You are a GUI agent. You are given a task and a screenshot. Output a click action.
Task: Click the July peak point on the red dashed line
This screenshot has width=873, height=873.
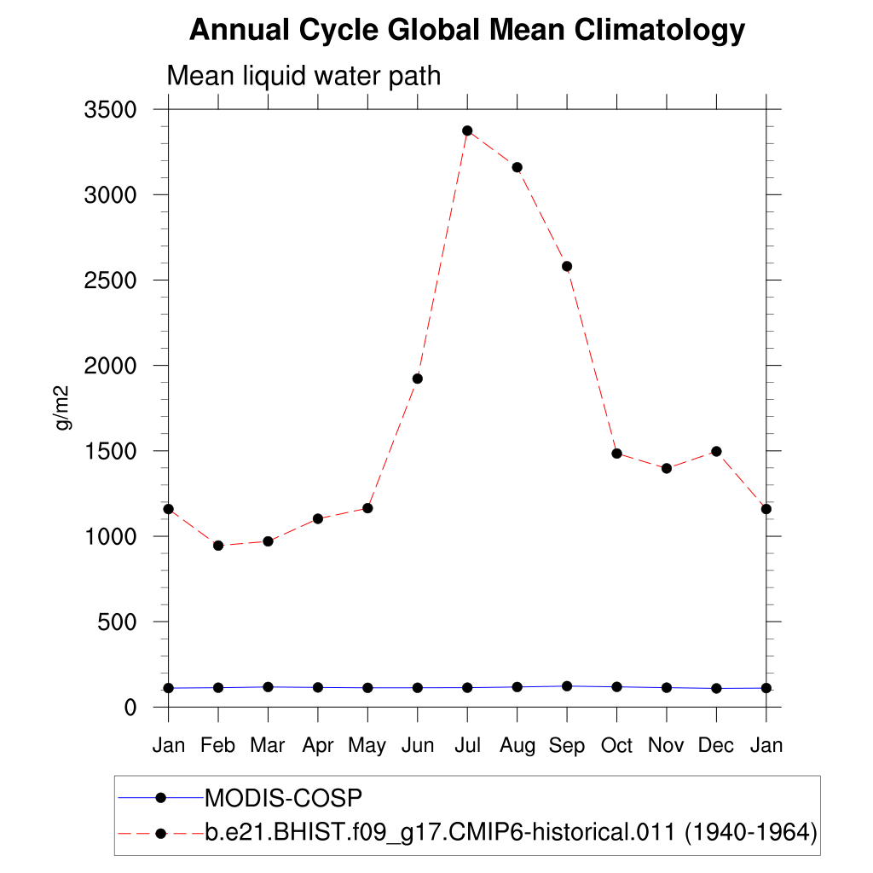coord(467,130)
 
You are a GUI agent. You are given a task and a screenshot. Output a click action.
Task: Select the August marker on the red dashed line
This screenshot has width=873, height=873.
coord(517,167)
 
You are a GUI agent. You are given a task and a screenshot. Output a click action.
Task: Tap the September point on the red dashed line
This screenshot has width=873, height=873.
coord(567,266)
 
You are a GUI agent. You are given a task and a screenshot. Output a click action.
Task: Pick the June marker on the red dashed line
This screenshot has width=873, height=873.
coord(418,379)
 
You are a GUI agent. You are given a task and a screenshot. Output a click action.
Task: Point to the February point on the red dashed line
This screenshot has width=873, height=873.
coord(218,546)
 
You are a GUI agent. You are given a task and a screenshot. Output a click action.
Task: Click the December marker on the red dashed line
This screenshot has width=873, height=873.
coord(716,451)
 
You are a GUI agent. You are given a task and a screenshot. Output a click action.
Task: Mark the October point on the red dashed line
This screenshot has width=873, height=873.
coord(616,454)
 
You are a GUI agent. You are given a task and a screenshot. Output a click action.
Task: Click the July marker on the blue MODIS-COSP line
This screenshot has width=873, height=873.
coord(467,687)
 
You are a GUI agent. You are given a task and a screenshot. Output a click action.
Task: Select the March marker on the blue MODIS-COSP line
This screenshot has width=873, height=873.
coord(268,686)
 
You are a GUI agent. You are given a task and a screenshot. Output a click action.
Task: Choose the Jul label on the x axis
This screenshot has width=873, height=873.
coord(467,745)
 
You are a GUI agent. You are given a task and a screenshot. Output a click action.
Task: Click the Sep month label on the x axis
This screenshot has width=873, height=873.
coord(567,746)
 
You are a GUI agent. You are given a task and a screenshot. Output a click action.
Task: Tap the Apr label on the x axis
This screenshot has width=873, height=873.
coord(317,746)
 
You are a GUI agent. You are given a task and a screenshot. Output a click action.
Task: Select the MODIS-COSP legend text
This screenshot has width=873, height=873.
coord(284,798)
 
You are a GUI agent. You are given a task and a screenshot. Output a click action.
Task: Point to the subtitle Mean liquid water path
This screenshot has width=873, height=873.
coord(304,76)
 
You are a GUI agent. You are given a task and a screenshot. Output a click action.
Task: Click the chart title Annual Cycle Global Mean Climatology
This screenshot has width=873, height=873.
coord(467,31)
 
